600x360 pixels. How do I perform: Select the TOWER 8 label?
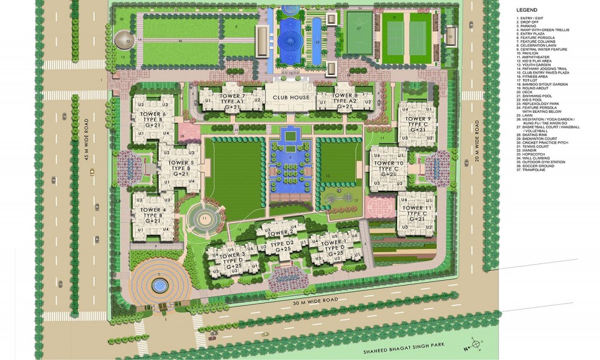345,95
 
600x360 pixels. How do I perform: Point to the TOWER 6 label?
156,114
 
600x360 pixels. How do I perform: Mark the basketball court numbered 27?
358,28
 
